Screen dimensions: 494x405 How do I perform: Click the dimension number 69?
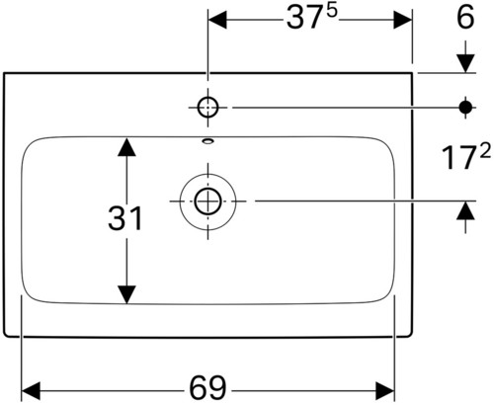point(208,388)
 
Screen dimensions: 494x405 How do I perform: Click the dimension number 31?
point(125,217)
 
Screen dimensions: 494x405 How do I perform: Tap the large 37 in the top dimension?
point(303,18)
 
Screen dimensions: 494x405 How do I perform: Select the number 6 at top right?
point(465,17)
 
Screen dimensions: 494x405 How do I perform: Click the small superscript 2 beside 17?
point(485,150)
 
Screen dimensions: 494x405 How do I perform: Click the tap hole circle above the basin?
point(207,108)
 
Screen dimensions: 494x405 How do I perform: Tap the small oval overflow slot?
point(207,141)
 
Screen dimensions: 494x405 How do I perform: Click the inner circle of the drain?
point(207,202)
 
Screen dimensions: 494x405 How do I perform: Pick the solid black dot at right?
point(465,107)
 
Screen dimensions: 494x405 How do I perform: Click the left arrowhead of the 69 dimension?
point(31,391)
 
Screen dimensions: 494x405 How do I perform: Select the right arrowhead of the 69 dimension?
point(385,391)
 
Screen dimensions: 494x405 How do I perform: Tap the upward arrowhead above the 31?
point(126,147)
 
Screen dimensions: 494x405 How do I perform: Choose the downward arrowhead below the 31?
point(126,294)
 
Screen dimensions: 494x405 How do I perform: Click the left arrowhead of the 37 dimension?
point(217,20)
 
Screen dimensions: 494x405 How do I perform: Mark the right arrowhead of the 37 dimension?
point(403,20)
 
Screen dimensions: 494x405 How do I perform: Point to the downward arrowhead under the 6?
point(465,63)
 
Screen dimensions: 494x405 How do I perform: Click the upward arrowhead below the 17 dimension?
point(465,210)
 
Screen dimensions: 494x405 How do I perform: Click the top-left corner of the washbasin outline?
point(4,73)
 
